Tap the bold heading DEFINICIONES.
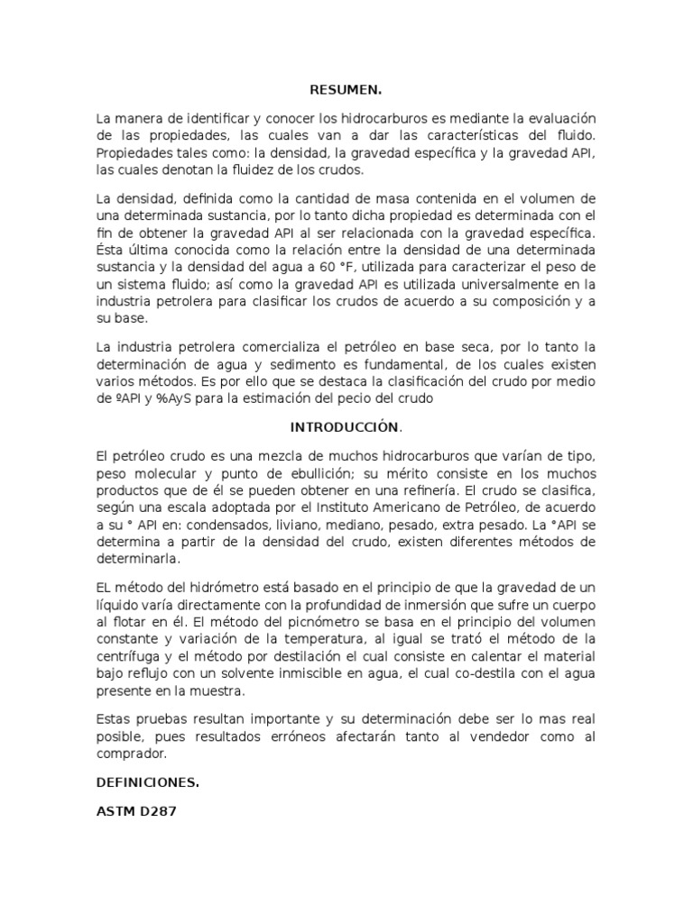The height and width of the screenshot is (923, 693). coord(148,782)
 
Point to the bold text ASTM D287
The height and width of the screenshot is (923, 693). coord(136,811)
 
